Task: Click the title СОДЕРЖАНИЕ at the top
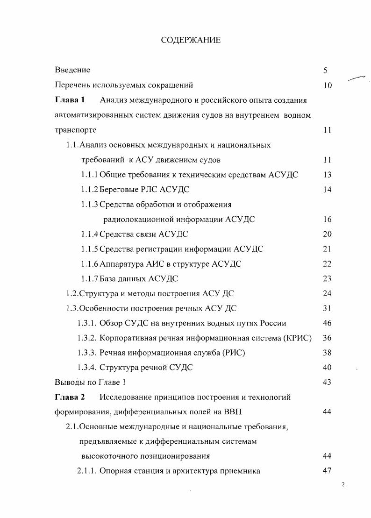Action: coord(191,40)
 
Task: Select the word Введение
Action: coord(72,70)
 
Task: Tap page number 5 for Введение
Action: coord(325,71)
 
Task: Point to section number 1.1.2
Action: coord(89,190)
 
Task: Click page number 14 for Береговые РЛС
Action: coord(327,190)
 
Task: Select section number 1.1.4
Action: coord(89,234)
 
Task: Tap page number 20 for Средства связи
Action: coord(327,234)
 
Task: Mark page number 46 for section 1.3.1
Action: coord(327,323)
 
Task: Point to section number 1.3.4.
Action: coord(87,368)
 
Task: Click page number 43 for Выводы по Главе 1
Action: coord(327,383)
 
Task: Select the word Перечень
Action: coord(72,85)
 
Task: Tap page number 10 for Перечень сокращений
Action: coord(327,85)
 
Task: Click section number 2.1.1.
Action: coord(87,471)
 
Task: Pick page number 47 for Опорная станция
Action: coord(327,471)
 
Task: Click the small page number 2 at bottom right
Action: coord(343,484)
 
